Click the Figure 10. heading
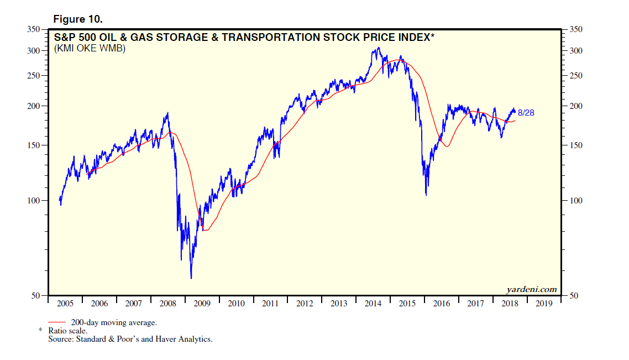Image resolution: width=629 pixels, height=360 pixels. click(x=77, y=19)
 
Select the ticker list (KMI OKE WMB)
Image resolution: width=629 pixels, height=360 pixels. click(x=90, y=49)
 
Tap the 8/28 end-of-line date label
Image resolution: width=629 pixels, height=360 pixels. click(x=526, y=113)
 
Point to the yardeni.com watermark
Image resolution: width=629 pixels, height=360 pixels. click(x=531, y=289)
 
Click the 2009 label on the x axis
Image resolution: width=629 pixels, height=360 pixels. click(x=202, y=304)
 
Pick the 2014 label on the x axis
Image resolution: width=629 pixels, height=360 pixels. click(x=373, y=304)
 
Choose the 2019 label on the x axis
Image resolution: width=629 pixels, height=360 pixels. click(x=543, y=304)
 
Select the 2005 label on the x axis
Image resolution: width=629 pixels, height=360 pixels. click(x=65, y=304)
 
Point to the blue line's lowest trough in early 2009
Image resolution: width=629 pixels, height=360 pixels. click(x=191, y=278)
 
